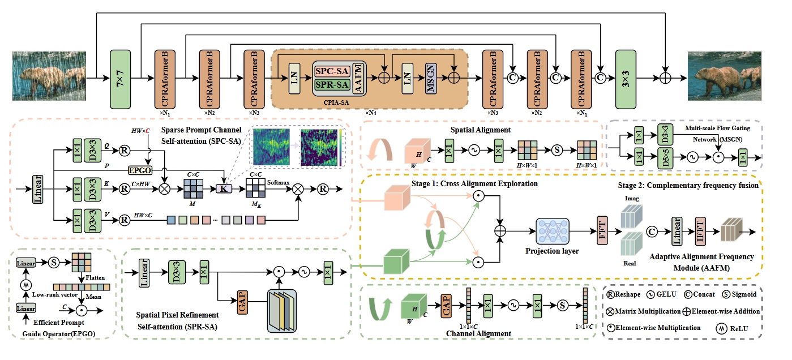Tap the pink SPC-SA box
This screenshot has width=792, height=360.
[x=331, y=71]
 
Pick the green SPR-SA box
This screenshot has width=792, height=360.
[x=331, y=85]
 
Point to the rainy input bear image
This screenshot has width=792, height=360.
[x=50, y=77]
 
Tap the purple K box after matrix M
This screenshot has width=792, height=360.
[x=224, y=187]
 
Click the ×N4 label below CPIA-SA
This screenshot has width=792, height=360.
[x=371, y=113]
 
